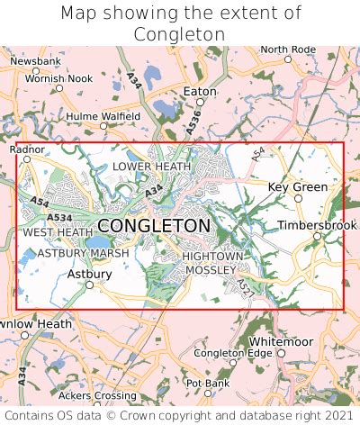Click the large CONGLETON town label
tap(154, 225)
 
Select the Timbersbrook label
tap(310, 225)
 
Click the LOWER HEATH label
tap(151, 167)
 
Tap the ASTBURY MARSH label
tap(83, 253)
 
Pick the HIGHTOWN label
tap(212, 257)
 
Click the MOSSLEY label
tap(210, 269)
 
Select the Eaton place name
tap(200, 92)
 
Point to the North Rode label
tap(288, 49)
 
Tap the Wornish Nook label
tap(58, 78)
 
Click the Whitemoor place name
tap(279, 342)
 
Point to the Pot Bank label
tap(206, 383)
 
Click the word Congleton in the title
tap(179, 34)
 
